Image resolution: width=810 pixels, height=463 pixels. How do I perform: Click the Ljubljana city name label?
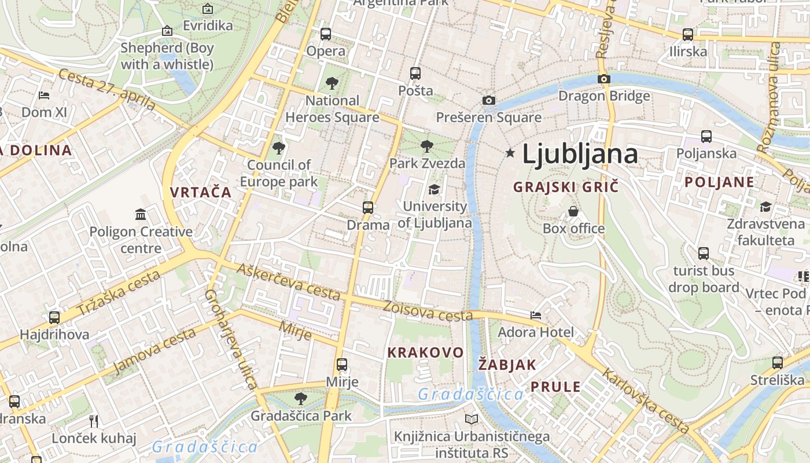pos(580,154)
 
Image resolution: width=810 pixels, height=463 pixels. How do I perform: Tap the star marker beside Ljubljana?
pos(510,153)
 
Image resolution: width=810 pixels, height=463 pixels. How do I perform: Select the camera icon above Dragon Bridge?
pos(604,79)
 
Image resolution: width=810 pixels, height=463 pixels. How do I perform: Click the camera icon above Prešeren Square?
pos(489,101)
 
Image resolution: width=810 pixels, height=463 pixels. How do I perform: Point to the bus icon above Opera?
pos(326,34)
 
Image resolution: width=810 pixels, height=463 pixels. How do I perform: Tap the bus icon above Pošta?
pos(415,74)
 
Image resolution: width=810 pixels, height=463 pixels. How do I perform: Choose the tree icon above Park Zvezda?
pos(427,146)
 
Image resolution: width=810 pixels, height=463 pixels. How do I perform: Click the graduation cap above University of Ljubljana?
pos(434,189)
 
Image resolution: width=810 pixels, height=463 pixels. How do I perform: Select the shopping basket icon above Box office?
pos(573,211)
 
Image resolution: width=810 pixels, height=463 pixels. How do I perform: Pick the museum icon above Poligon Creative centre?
pos(141,215)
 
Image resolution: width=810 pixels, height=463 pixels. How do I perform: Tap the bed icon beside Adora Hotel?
pos(536,315)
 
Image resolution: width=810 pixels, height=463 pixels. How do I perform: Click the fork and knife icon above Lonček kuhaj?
pos(94,421)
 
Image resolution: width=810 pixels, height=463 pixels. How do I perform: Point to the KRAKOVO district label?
pos(425,352)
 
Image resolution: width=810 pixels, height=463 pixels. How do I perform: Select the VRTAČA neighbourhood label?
pos(201,192)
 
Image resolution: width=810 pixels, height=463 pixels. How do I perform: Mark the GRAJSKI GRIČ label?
pos(566,187)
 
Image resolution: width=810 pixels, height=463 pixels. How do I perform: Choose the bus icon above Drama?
pos(368,208)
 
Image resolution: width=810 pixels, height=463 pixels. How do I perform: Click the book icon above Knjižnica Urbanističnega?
pos(472,419)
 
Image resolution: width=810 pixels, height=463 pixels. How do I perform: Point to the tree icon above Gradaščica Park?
pos(300,398)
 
